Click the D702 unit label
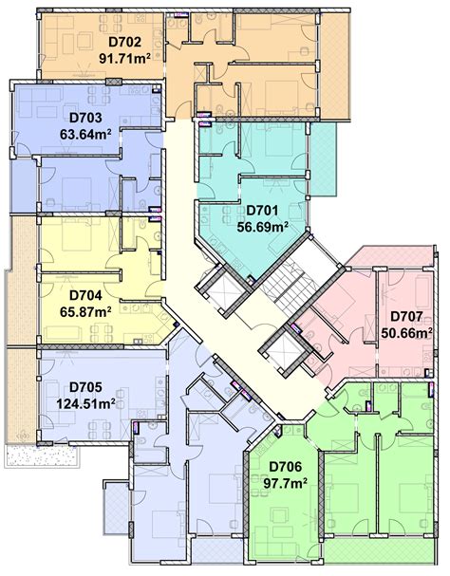tap(124, 42)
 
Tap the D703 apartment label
tap(86, 119)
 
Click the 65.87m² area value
tap(86, 309)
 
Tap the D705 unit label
tap(86, 386)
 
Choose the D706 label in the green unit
tap(287, 466)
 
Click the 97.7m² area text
tap(287, 483)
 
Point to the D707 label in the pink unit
tap(406, 317)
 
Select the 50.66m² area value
tap(406, 332)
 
